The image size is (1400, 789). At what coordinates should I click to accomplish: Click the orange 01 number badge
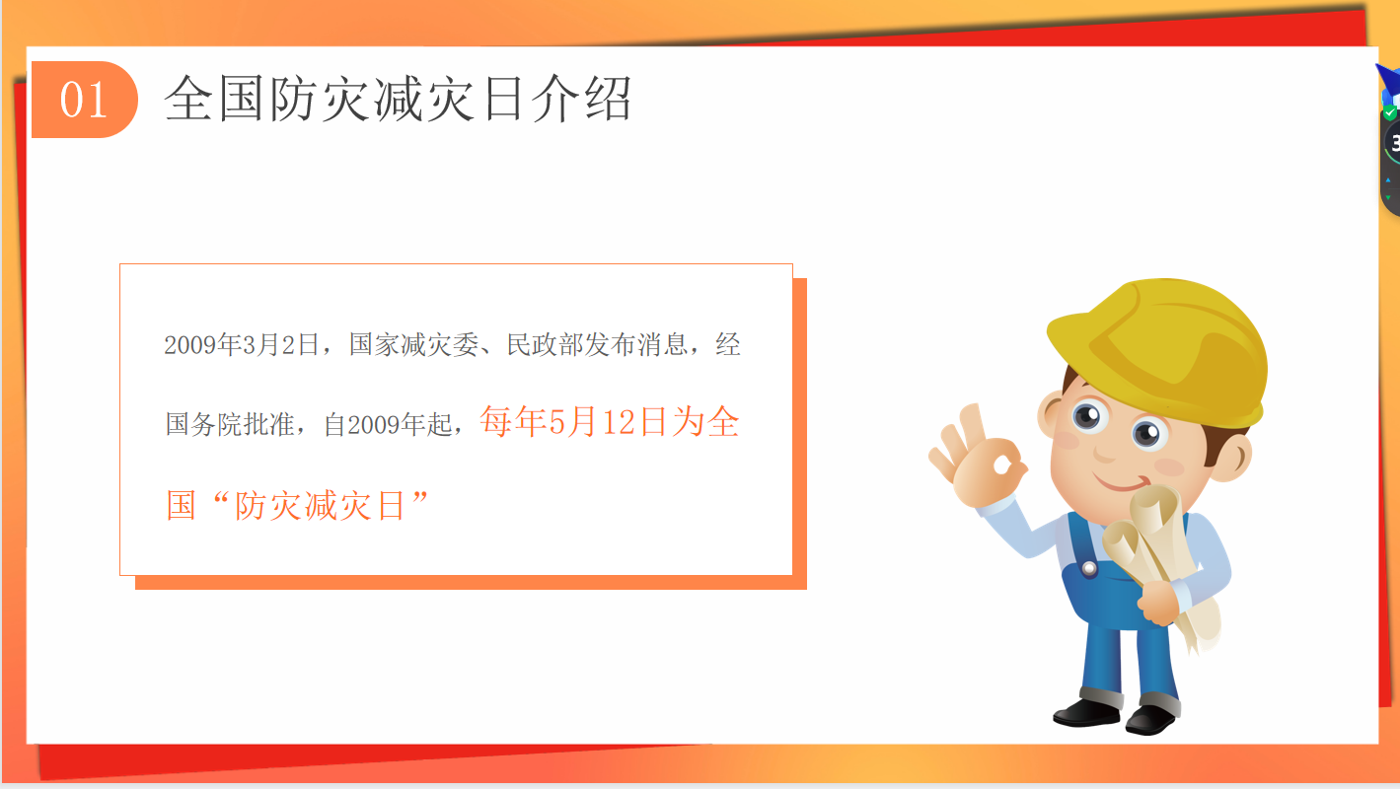(x=84, y=100)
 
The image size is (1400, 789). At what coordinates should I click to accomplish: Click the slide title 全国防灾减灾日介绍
(x=398, y=99)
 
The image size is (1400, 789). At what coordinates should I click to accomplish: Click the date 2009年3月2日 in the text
(x=242, y=345)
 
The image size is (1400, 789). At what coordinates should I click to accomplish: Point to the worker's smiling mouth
(x=1125, y=484)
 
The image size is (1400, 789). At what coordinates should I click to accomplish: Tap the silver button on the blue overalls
(x=1088, y=569)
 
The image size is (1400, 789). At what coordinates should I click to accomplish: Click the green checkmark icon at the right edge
(x=1390, y=113)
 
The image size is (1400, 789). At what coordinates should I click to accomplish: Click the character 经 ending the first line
(x=728, y=345)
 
